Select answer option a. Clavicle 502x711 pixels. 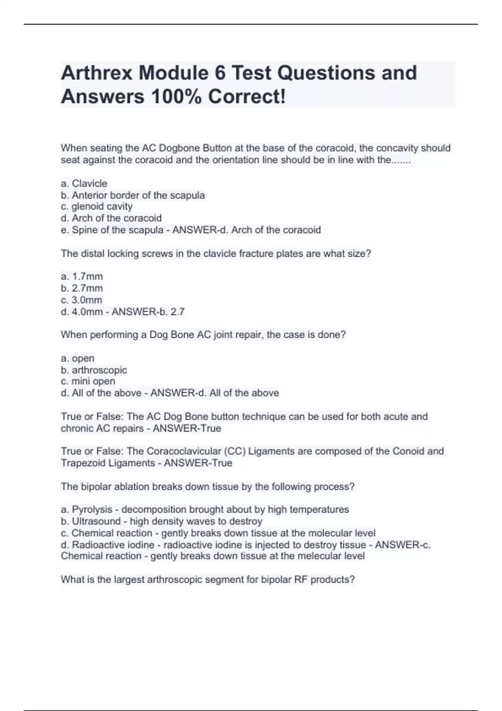click(84, 183)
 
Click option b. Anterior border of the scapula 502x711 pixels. click(133, 195)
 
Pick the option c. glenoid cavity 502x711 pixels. click(97, 206)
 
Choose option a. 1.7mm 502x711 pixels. click(82, 276)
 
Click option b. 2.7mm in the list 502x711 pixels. click(82, 288)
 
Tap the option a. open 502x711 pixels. click(78, 358)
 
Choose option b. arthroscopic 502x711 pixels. click(94, 370)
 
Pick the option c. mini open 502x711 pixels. click(88, 381)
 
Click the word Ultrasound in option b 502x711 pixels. click(96, 521)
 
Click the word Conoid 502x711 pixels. click(408, 451)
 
